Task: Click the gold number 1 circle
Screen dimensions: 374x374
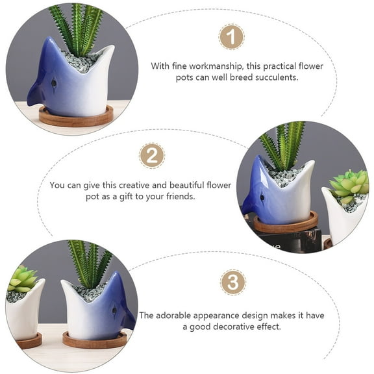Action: coord(231,36)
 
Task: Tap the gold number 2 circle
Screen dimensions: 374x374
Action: coord(151,156)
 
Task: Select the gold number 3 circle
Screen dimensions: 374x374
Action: coord(232,283)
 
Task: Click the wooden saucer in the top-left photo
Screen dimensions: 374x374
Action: coord(75,118)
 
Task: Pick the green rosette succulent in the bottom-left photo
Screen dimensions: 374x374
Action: coord(23,279)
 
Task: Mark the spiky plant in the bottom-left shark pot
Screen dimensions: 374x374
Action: coord(90,263)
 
